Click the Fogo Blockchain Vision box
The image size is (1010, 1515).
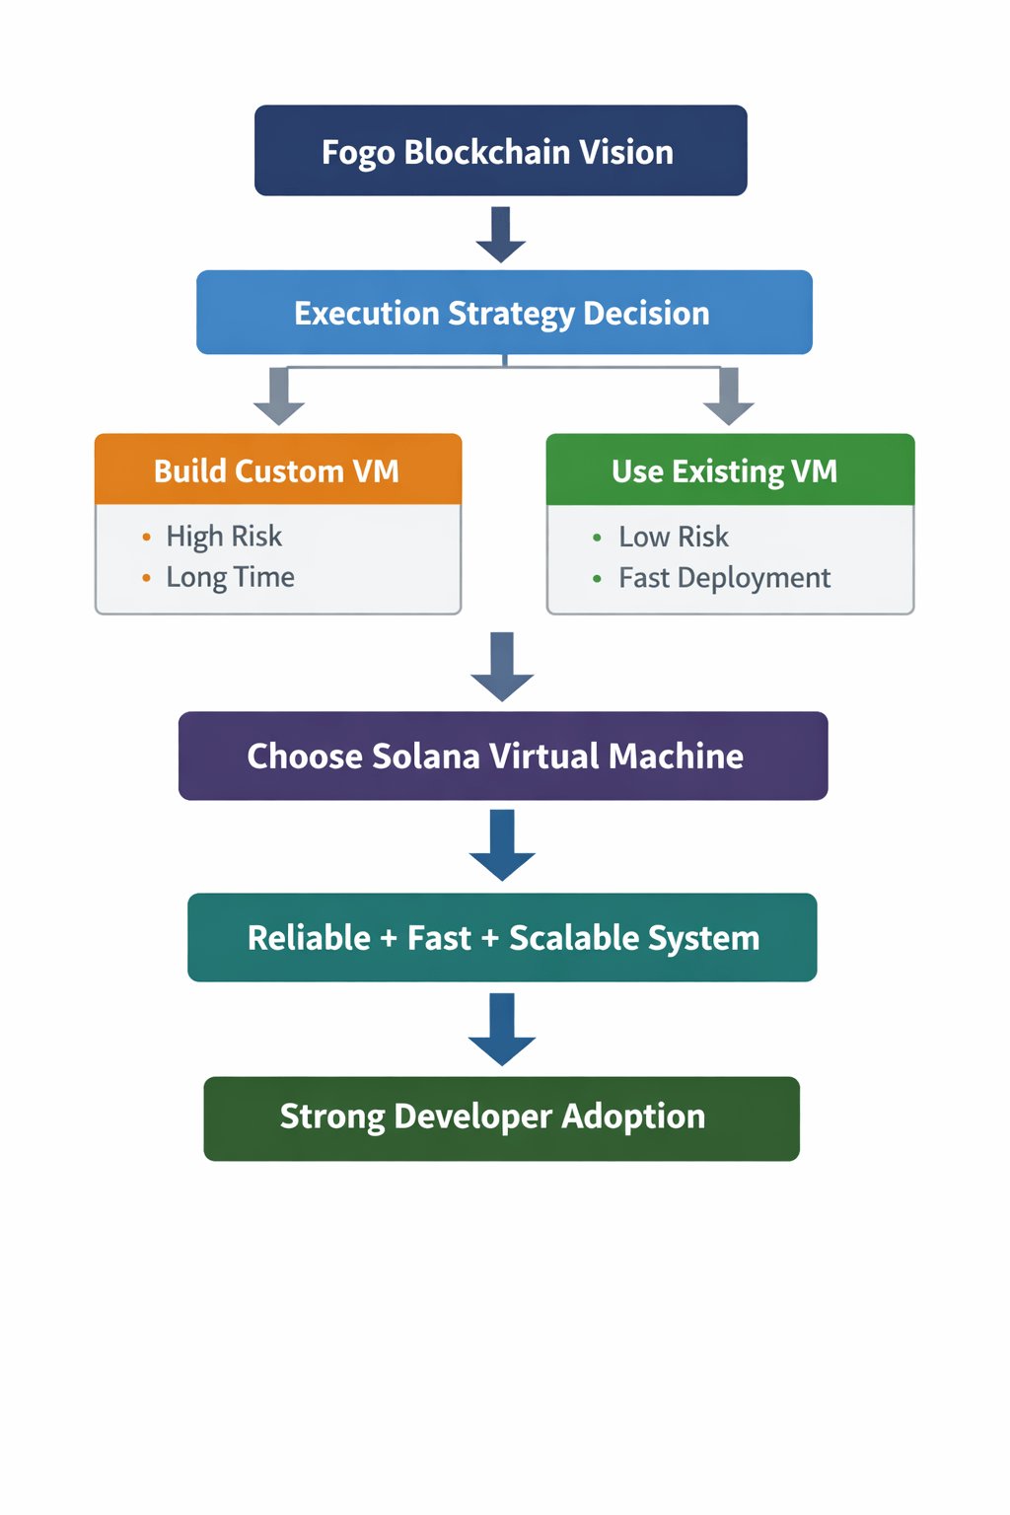[x=500, y=151]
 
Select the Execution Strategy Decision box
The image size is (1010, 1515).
[x=503, y=313]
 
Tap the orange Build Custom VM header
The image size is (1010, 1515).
[x=277, y=470]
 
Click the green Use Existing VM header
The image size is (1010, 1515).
[x=730, y=470]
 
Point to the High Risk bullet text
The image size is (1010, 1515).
[x=224, y=537]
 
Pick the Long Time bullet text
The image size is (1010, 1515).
[x=230, y=577]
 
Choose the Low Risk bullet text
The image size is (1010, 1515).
[x=674, y=537]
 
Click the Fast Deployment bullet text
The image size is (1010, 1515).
[x=724, y=578]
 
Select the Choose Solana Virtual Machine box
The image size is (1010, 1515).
[x=502, y=756]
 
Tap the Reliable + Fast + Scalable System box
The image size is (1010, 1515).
[x=502, y=937]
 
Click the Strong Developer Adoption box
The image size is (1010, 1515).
[x=501, y=1118]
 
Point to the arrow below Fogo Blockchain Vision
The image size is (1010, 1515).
[x=501, y=235]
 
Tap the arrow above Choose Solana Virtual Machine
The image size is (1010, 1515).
[x=502, y=667]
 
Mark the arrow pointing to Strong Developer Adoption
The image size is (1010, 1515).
[x=502, y=1029]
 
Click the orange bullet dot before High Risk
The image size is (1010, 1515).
[x=147, y=537]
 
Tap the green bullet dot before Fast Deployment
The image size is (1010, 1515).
[x=597, y=578]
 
